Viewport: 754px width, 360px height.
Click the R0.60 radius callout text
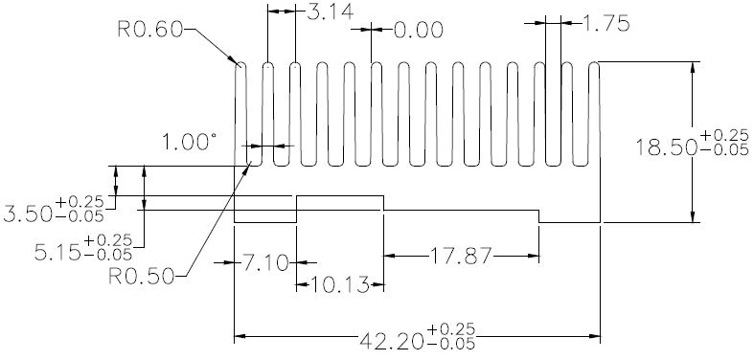pyautogui.click(x=150, y=30)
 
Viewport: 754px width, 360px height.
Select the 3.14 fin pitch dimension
pyautogui.click(x=330, y=11)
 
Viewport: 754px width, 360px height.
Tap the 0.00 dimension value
pyautogui.click(x=419, y=31)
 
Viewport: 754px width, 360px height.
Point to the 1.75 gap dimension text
pyautogui.click(x=605, y=23)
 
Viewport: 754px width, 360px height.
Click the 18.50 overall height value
pyautogui.click(x=667, y=147)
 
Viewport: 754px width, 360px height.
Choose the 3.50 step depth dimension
pyautogui.click(x=28, y=214)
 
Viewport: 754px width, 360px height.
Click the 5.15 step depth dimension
pyautogui.click(x=57, y=252)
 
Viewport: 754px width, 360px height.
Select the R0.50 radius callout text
pyautogui.click(x=141, y=277)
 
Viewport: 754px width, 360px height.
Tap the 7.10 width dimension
pyautogui.click(x=265, y=263)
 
